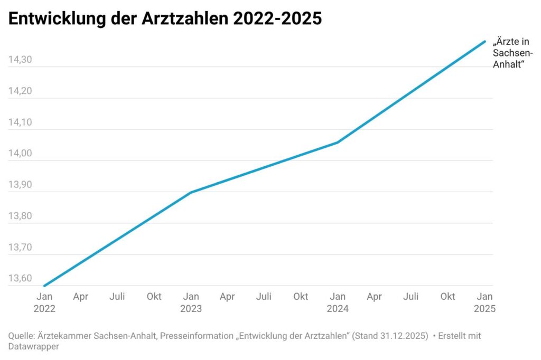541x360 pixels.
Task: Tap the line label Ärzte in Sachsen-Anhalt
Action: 512,53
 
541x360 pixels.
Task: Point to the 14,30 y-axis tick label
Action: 20,60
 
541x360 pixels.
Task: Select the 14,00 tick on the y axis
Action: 20,154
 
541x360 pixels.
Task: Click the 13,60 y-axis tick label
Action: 20,278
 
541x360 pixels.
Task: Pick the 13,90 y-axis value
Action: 20,185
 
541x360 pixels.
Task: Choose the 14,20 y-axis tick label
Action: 20,91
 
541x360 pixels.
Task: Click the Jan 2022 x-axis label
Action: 44,302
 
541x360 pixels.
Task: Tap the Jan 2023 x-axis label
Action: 191,302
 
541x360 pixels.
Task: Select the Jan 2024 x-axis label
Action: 338,302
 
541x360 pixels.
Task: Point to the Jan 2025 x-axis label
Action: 484,302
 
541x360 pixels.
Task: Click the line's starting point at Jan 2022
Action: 44,286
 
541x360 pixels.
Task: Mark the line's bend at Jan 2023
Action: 191,192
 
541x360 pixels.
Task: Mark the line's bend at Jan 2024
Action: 338,142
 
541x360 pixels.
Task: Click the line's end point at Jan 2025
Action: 484,41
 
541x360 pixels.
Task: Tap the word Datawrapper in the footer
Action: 33,346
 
